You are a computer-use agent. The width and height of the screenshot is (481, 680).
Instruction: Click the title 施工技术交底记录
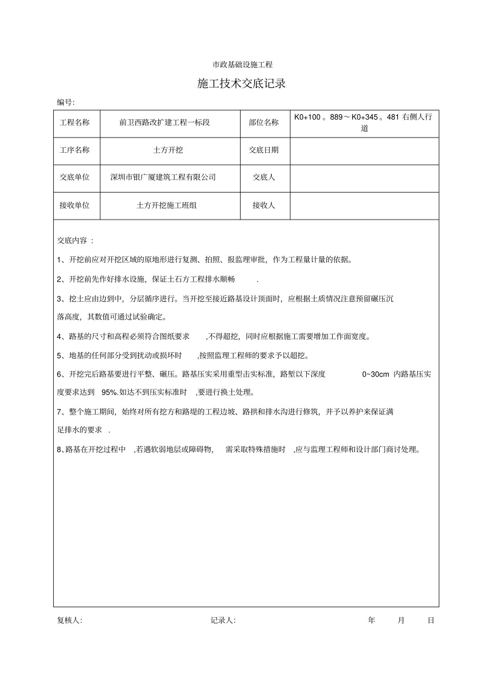242,84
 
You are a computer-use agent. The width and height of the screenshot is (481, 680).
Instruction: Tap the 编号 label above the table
65,102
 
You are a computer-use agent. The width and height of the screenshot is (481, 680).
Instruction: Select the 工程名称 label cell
74,122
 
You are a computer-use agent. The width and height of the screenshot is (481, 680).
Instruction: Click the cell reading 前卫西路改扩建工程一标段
165,122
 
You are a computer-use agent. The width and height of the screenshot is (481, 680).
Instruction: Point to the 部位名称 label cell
264,122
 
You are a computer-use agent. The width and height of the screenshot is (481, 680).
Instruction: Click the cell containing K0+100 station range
364,122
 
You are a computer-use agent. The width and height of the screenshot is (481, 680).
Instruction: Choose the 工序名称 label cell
74,150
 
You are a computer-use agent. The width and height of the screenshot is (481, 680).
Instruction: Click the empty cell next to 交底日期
364,150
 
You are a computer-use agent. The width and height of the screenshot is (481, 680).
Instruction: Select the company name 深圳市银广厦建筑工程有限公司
163,177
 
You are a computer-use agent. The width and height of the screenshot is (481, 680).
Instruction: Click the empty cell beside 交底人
364,177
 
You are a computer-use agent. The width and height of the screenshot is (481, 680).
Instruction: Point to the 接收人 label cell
264,205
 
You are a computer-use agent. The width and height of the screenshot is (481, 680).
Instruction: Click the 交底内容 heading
75,241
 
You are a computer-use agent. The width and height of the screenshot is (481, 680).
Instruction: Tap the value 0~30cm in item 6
376,374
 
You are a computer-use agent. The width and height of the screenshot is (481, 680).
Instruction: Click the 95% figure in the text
110,392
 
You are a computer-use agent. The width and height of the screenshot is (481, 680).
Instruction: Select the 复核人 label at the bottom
69,620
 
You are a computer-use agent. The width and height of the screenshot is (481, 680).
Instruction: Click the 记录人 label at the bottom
223,620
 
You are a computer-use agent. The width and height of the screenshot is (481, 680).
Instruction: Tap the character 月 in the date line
401,620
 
